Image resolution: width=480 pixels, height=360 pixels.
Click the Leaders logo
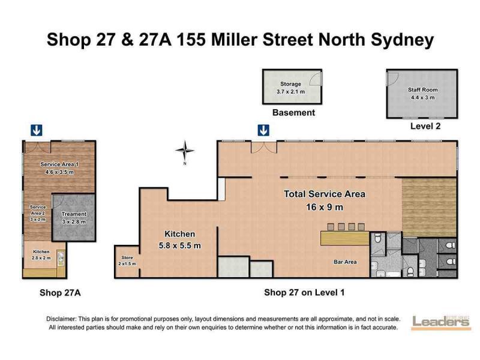click(441, 323)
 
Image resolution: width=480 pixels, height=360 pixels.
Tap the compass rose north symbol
click(185, 151)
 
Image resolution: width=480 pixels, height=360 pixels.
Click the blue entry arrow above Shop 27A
click(37, 130)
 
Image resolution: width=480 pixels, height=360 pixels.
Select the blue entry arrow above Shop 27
click(263, 130)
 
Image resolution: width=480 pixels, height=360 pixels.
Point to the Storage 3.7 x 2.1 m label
click(290, 88)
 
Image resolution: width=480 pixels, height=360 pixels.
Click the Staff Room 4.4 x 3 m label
click(423, 94)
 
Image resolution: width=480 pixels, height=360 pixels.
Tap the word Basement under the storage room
click(293, 113)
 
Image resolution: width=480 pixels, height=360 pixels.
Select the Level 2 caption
click(425, 126)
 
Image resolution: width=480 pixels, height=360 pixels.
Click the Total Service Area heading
click(325, 194)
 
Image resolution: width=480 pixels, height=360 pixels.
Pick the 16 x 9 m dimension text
click(325, 207)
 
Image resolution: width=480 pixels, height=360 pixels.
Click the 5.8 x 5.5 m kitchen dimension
click(179, 245)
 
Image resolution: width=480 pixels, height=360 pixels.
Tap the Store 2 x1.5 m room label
click(127, 260)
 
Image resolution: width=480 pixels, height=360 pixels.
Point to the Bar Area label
click(345, 262)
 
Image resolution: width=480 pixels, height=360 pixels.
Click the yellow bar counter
click(345, 238)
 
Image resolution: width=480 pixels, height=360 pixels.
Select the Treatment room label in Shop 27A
click(74, 218)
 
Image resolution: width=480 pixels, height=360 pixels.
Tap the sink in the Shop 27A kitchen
click(61, 258)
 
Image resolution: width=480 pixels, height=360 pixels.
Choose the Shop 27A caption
click(60, 293)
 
